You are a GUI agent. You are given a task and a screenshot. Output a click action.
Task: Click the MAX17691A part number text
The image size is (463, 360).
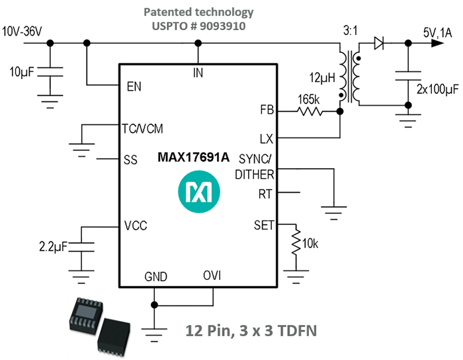pos(193,157)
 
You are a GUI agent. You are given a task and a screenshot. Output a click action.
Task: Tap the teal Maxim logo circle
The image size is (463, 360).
pos(198,192)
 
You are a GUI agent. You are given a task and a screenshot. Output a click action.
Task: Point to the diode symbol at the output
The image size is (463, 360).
pos(379,44)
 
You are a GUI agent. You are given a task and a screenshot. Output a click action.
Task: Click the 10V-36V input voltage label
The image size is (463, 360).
pos(24,31)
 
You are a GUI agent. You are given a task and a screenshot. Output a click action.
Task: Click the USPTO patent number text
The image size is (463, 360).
pos(198,27)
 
